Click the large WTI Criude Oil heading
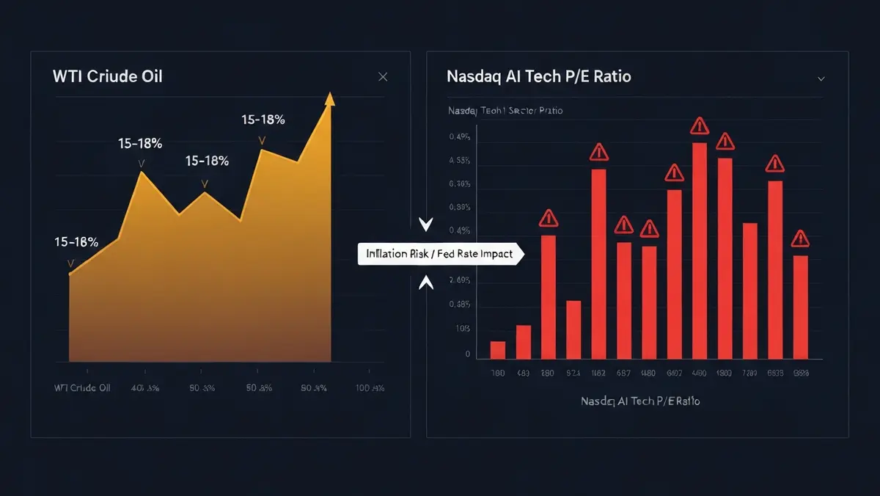pyautogui.click(x=107, y=77)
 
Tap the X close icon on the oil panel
pyautogui.click(x=382, y=77)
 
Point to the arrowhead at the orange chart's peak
pyautogui.click(x=330, y=98)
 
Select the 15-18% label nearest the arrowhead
pyautogui.click(x=264, y=119)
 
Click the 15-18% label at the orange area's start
pyautogui.click(x=76, y=242)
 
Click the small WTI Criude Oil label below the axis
pyautogui.click(x=82, y=387)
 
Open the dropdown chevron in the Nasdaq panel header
pyautogui.click(x=821, y=78)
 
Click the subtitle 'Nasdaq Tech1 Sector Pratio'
pyautogui.click(x=505, y=111)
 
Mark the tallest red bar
pyautogui.click(x=700, y=251)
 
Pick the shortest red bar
pyautogui.click(x=498, y=350)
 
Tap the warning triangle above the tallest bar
pyautogui.click(x=700, y=126)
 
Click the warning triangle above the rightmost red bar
pyautogui.click(x=800, y=238)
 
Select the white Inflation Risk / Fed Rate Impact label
pyautogui.click(x=441, y=255)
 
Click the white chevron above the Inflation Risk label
pyautogui.click(x=425, y=225)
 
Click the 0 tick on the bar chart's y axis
pyautogui.click(x=467, y=354)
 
